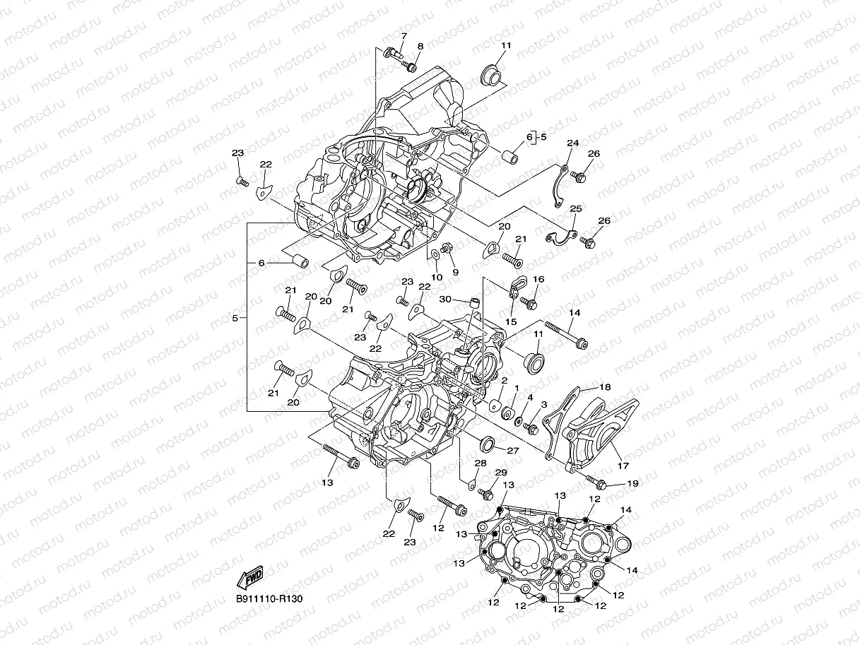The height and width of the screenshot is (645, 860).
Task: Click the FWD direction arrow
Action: click(x=252, y=578)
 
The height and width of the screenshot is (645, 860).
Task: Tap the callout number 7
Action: click(x=404, y=35)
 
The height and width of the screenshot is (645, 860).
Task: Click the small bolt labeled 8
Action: click(x=409, y=66)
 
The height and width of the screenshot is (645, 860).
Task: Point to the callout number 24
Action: click(x=572, y=143)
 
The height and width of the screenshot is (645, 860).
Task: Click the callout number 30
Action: click(x=444, y=300)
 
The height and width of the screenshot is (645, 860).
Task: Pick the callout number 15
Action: click(x=512, y=321)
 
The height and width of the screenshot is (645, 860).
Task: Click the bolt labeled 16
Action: click(x=530, y=302)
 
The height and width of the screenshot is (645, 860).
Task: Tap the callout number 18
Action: click(x=605, y=387)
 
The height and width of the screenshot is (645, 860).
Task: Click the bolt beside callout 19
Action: click(x=598, y=483)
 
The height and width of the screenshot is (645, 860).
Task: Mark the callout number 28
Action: click(x=480, y=463)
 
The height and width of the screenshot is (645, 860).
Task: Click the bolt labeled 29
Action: click(x=485, y=492)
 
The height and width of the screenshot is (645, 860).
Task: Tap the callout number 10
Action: click(x=437, y=277)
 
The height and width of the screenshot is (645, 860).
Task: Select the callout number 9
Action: click(x=455, y=272)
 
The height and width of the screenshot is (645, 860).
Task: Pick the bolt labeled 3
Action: click(x=531, y=427)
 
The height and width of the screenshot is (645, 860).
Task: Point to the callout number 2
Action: click(x=504, y=381)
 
